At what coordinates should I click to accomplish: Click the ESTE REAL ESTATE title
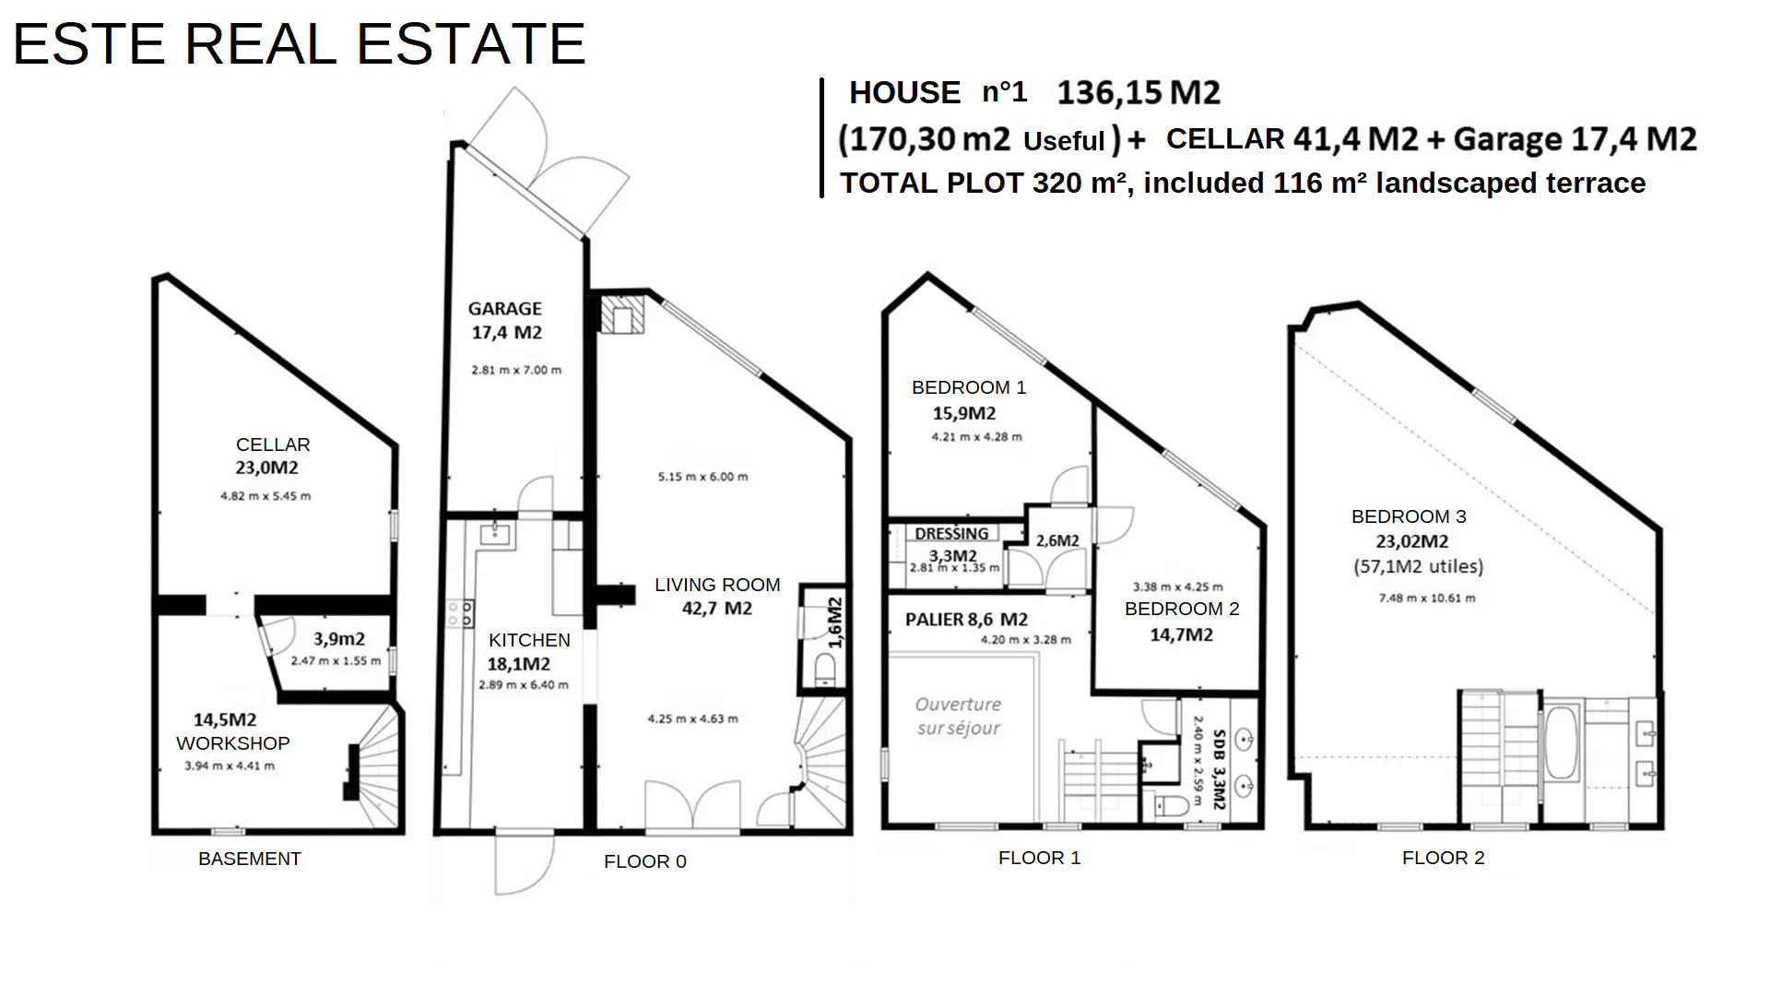[299, 43]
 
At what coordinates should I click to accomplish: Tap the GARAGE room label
[504, 309]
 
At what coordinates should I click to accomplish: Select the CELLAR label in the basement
[273, 445]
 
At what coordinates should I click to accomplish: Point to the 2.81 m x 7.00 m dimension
[516, 370]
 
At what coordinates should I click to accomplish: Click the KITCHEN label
[529, 640]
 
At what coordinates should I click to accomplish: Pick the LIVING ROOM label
[717, 585]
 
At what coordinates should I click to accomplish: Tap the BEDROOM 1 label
[969, 387]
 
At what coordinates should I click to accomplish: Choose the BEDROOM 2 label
[1182, 609]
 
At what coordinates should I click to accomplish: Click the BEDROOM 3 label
[1409, 516]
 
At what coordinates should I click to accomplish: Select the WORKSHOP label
[233, 743]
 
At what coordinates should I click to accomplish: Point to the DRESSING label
[951, 533]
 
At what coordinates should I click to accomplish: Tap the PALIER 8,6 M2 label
[966, 620]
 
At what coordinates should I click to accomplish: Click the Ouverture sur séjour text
[958, 716]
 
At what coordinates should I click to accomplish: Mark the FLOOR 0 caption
[645, 861]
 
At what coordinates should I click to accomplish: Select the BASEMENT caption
[250, 859]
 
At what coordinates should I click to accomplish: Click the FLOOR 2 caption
[1444, 858]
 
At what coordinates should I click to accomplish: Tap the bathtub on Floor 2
[1562, 743]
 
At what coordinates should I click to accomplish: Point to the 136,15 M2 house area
[1139, 93]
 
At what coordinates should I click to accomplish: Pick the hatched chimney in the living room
[621, 314]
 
